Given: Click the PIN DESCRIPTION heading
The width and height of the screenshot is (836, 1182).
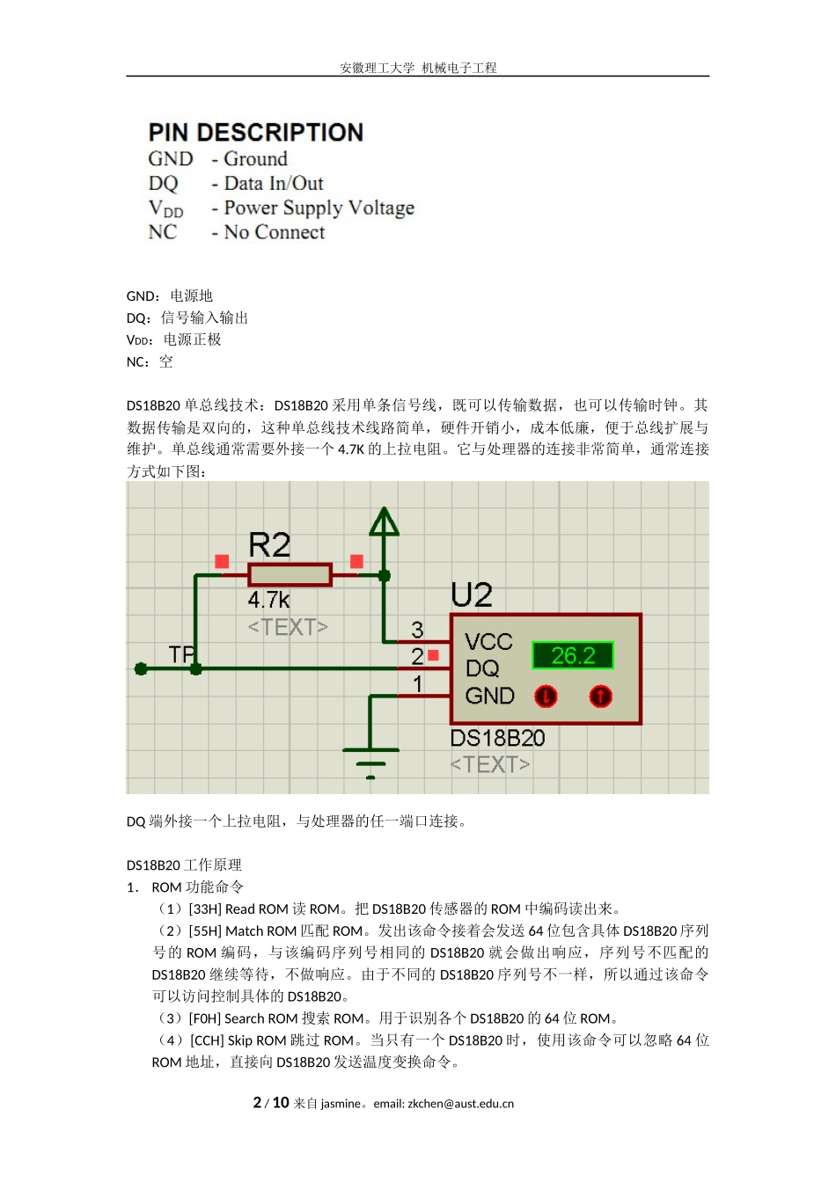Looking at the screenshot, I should (x=255, y=133).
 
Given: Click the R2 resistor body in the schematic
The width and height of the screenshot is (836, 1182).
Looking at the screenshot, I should (x=290, y=575).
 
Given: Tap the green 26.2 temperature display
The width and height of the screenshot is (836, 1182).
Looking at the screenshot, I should (x=572, y=655).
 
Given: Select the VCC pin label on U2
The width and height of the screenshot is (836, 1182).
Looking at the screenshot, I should (x=488, y=642).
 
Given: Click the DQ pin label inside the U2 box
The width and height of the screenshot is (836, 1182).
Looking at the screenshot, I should (x=482, y=669).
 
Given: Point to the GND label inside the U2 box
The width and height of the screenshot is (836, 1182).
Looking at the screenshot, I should (x=489, y=697).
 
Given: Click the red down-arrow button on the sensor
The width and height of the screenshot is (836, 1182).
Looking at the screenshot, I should (x=546, y=697).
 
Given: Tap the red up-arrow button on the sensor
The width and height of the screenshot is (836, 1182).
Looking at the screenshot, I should (x=600, y=697).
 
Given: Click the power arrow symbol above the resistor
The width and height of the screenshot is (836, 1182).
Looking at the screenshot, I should (x=384, y=522).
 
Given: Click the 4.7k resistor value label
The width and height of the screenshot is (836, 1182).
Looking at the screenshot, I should (x=268, y=601).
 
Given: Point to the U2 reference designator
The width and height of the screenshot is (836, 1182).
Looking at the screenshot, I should (x=472, y=595).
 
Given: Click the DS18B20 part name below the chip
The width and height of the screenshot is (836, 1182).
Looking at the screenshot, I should (x=497, y=738).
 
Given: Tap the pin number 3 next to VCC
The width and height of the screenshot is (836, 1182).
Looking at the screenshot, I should (x=417, y=630).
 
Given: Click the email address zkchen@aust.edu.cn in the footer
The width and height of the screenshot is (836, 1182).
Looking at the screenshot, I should (x=460, y=1104).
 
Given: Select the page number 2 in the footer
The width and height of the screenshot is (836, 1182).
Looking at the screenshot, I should (x=257, y=1103).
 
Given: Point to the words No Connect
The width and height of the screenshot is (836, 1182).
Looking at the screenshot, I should (x=274, y=232).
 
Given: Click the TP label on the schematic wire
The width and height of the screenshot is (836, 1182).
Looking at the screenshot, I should (x=181, y=654).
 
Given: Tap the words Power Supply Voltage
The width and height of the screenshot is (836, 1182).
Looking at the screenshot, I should (x=319, y=208).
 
